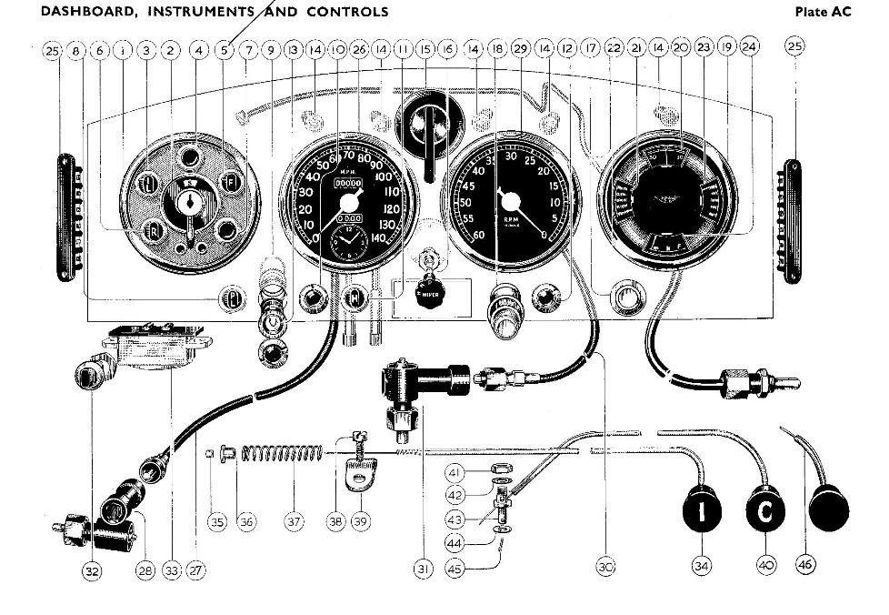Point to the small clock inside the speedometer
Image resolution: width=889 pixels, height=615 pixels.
coord(346,244)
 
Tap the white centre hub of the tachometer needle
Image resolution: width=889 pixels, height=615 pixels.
coord(511,199)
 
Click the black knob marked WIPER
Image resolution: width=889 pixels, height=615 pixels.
coord(426,293)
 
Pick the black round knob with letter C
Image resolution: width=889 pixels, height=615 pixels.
coord(765,512)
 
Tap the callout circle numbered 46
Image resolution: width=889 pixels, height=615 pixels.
coord(805,565)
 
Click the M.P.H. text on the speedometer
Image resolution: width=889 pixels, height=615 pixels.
coord(348,170)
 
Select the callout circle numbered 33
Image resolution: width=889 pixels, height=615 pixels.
coord(172,570)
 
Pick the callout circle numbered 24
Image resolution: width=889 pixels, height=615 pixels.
coord(748,47)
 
